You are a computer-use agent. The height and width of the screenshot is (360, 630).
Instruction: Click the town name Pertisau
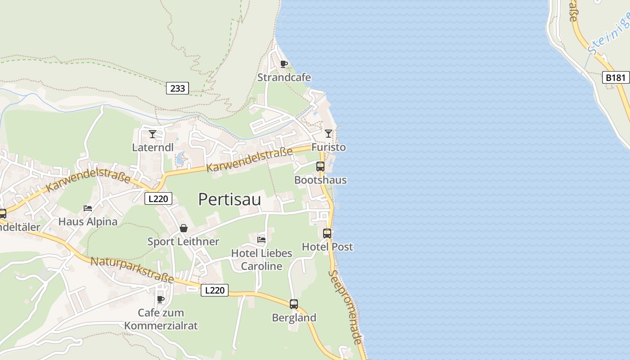click(x=229, y=199)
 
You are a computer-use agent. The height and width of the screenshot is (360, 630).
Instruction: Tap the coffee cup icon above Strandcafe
click(x=283, y=64)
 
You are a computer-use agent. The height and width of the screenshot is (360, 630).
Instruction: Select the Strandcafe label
click(x=284, y=77)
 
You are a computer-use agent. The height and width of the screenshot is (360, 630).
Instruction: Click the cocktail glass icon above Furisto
click(x=328, y=134)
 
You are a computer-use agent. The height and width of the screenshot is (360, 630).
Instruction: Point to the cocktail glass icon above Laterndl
click(x=153, y=134)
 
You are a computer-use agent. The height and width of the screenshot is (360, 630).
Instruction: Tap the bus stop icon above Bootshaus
click(x=320, y=166)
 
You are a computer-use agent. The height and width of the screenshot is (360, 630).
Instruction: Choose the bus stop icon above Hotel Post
click(x=327, y=234)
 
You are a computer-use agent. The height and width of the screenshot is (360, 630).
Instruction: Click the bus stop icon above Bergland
click(x=294, y=304)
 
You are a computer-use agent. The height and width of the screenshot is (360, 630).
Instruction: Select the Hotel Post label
click(x=327, y=247)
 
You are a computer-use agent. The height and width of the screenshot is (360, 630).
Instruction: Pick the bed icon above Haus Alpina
click(x=88, y=208)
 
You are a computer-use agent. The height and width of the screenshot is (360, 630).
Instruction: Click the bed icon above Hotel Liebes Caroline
click(x=261, y=239)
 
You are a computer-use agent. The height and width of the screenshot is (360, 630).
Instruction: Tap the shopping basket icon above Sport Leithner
click(x=184, y=228)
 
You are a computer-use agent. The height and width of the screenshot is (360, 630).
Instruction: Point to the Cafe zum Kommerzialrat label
click(x=161, y=319)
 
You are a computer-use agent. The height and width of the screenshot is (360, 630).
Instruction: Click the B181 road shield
click(x=615, y=77)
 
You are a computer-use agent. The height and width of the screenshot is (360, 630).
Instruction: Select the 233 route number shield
click(x=178, y=88)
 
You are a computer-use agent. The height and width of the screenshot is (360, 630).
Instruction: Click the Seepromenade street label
click(x=346, y=307)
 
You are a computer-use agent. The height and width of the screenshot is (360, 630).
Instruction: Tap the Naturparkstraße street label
click(x=132, y=270)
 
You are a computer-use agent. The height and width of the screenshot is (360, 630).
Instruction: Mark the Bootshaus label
click(x=320, y=180)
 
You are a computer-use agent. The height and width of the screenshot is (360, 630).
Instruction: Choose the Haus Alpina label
click(x=88, y=221)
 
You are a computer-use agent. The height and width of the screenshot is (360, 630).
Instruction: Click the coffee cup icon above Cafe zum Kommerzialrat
click(x=161, y=299)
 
